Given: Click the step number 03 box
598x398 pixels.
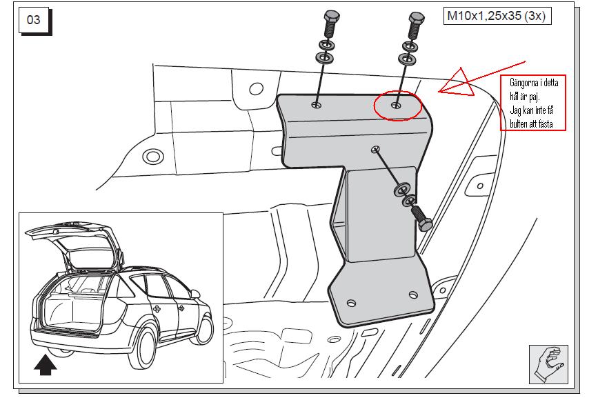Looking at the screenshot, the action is click(34, 19).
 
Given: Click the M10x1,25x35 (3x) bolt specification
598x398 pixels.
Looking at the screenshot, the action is click(497, 16).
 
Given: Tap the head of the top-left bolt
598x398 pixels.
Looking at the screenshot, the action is click(331, 17).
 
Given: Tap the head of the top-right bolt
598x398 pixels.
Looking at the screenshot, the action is click(417, 18).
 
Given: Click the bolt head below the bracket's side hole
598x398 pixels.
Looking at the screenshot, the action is click(426, 223).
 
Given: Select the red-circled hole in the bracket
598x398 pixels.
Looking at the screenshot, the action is click(397, 105).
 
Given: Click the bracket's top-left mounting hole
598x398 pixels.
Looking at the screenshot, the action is click(316, 104).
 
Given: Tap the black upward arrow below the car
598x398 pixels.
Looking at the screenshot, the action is click(46, 365).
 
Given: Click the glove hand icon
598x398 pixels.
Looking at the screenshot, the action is click(549, 364).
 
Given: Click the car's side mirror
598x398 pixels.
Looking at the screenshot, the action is click(195, 294).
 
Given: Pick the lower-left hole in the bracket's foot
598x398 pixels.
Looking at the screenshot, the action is click(351, 304).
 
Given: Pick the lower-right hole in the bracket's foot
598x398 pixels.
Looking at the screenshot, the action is click(413, 295).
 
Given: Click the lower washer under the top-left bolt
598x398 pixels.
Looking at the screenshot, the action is click(324, 58).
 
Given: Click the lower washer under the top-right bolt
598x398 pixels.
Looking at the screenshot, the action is click(408, 59).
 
